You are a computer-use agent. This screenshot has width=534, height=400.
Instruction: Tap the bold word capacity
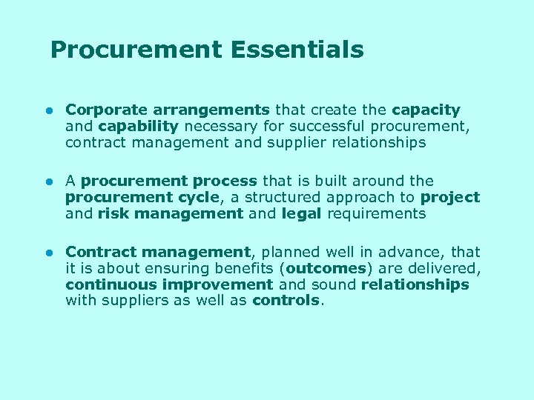[x=426, y=110]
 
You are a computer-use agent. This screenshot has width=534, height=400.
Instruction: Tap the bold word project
[x=449, y=197]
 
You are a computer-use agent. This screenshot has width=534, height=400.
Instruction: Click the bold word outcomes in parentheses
[x=326, y=268]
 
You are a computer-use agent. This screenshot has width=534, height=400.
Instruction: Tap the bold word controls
[x=286, y=301]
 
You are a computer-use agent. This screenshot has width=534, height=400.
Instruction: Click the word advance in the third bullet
[x=412, y=252]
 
